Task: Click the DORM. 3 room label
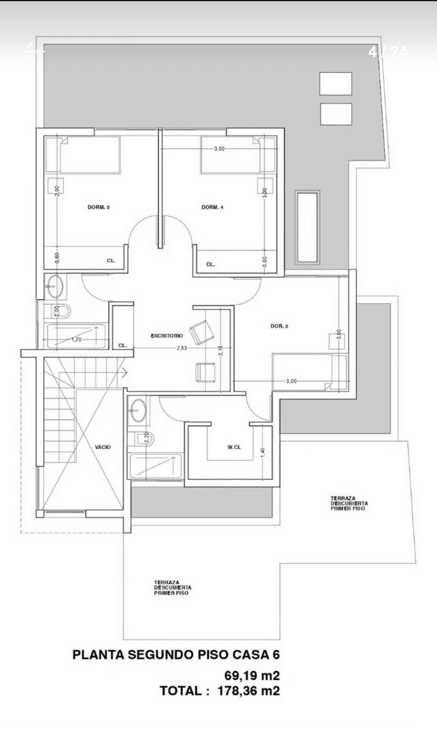coord(99,207)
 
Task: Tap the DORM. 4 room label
coord(213,207)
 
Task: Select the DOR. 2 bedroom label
coord(279,326)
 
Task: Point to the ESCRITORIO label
coord(167,336)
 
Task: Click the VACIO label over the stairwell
coord(103,447)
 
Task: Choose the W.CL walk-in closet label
coord(235,447)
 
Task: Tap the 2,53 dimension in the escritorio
coord(182,348)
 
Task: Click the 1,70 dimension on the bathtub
coord(76,339)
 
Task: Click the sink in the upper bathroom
coord(55,286)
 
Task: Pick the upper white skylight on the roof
coord(335,84)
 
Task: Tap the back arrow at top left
coord(34,51)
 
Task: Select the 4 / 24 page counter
coord(388,52)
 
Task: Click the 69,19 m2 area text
coord(252,675)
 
